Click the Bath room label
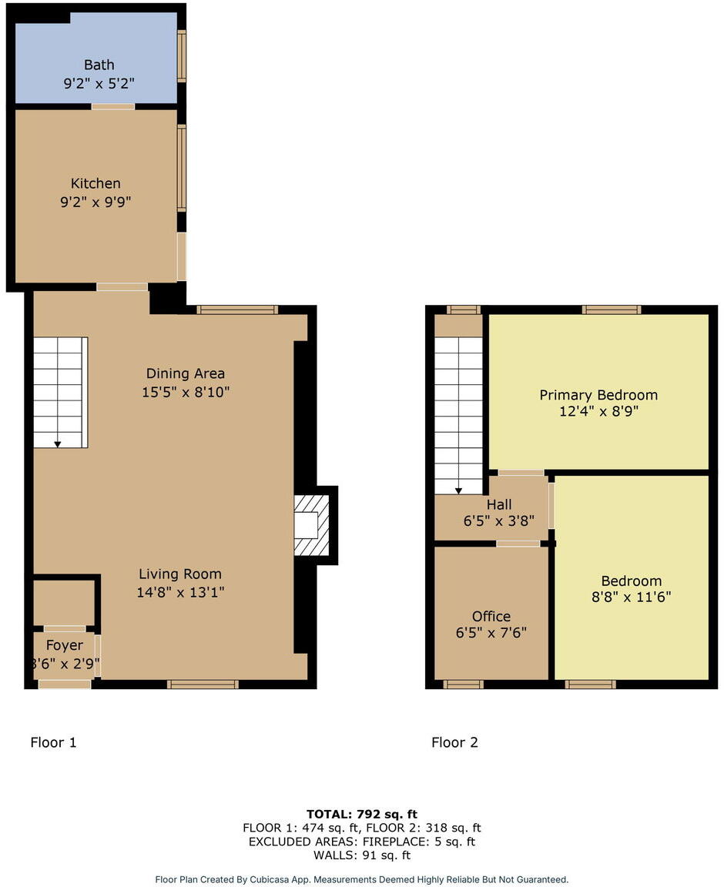(x=99, y=65)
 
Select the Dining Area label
(x=186, y=373)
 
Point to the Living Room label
(x=180, y=574)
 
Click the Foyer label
(x=64, y=645)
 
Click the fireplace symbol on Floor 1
(x=312, y=525)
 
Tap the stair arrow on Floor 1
(x=58, y=443)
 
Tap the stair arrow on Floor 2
(x=458, y=490)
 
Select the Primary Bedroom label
(x=598, y=395)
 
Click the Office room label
(x=491, y=616)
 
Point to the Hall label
(x=499, y=505)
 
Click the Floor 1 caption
(x=53, y=742)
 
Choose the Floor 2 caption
(x=454, y=742)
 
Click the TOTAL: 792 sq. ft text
(x=362, y=813)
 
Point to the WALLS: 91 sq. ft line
(x=362, y=855)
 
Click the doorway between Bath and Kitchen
(x=113, y=106)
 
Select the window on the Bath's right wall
(x=182, y=55)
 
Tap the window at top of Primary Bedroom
(x=612, y=310)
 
